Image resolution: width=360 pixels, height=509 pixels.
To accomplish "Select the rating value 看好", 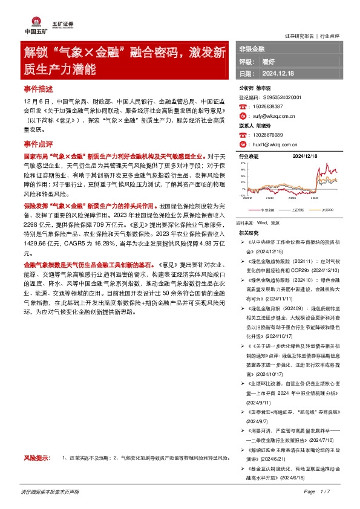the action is point(269,61).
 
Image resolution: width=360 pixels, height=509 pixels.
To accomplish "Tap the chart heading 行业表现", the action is point(249,157).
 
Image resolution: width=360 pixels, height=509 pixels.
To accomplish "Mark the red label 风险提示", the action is point(36,458).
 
